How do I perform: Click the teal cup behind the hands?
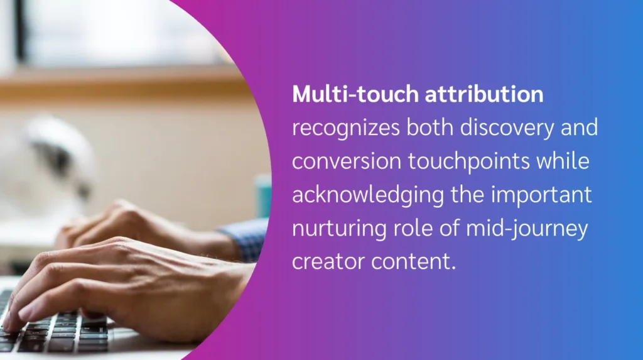[263, 195]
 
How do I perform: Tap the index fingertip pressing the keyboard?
[13, 324]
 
